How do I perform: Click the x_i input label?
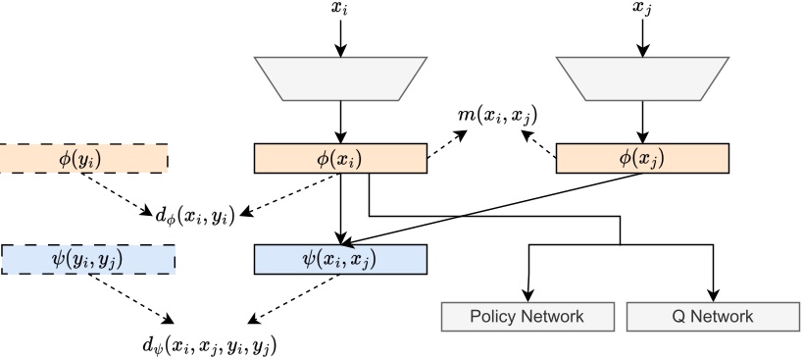tap(340, 8)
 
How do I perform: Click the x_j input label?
tap(642, 8)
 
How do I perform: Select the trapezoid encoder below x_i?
tap(340, 79)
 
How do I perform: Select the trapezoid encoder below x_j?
tap(642, 79)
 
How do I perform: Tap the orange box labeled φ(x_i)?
tap(340, 158)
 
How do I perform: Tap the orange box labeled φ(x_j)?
tap(642, 158)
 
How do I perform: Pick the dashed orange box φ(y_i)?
tap(83, 158)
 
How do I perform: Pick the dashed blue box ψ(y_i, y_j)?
tap(87, 259)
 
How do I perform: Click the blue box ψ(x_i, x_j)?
tap(340, 259)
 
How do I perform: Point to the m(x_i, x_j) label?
tap(498, 117)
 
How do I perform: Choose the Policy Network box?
tap(527, 317)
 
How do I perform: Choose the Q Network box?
tap(713, 317)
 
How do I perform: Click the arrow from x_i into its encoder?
tap(340, 35)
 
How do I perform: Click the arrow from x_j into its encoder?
tap(642, 35)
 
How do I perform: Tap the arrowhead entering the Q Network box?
tap(713, 296)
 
